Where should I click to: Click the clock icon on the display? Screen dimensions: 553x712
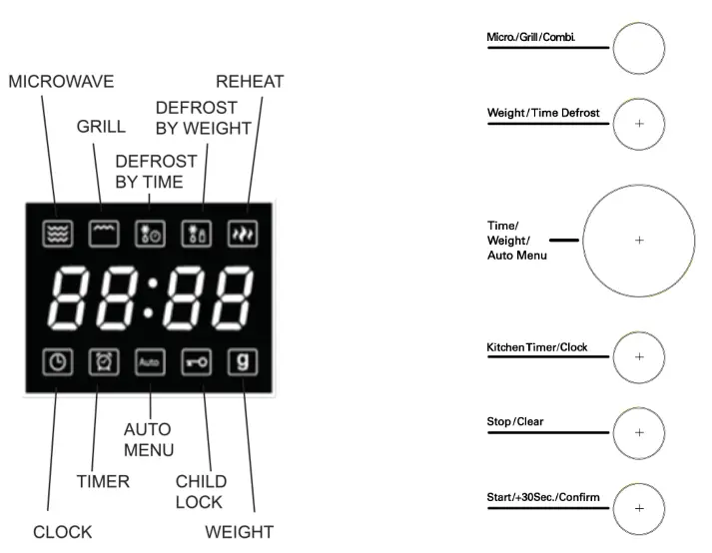[57, 361]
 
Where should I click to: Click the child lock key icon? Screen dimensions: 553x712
[195, 361]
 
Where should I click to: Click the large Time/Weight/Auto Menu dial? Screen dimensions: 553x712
[639, 240]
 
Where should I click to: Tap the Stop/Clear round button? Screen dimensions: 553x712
[639, 432]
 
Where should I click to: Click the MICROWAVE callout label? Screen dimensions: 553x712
[61, 83]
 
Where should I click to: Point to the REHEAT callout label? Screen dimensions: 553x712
[251, 83]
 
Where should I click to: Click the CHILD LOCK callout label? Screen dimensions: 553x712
[201, 491]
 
